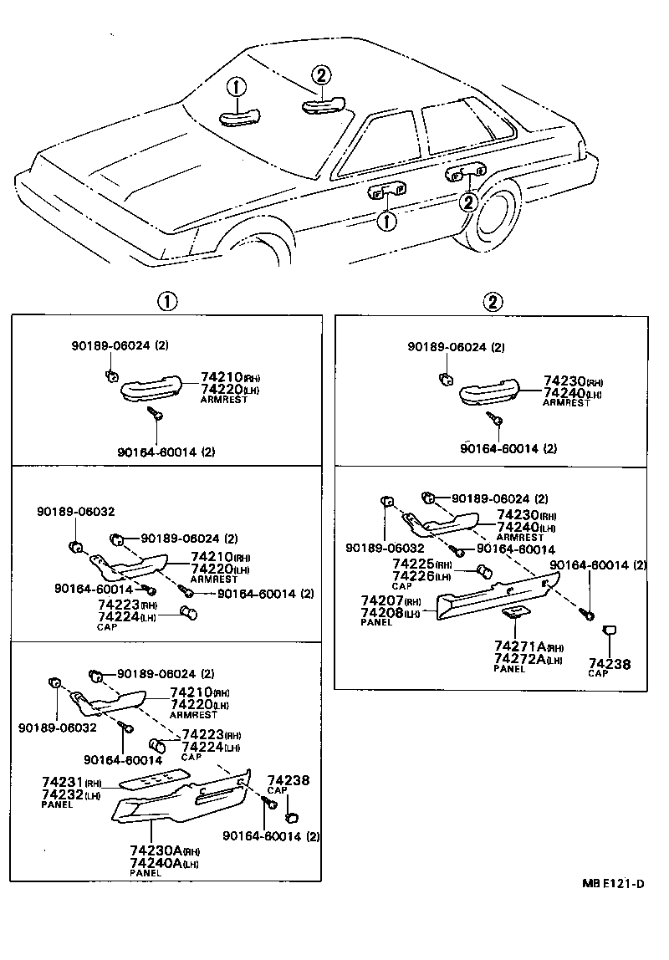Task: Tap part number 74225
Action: (x=412, y=564)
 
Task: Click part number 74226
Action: (x=412, y=576)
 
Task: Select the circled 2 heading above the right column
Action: (x=493, y=302)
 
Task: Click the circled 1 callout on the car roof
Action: (x=237, y=86)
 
